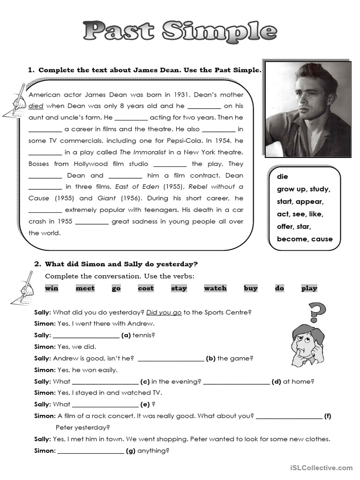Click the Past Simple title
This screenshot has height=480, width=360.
coord(180,31)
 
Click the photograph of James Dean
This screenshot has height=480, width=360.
coord(308,109)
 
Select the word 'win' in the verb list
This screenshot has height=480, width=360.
coord(52,288)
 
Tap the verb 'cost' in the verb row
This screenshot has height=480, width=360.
coord(145,288)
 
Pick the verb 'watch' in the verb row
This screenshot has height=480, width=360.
coord(215,288)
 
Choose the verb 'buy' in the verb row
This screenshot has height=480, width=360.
coord(250,288)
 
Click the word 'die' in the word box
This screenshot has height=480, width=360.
coord(283,177)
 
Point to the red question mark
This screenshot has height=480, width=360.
coord(317,313)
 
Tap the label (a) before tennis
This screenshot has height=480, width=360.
coord(126,335)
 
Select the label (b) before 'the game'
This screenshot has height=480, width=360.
coord(210,359)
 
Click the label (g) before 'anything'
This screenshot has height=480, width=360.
coord(131,451)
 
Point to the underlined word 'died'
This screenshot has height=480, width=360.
coord(36,106)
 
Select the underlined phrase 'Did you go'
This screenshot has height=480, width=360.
coord(164,312)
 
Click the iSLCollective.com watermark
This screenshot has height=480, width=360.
coord(321,467)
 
